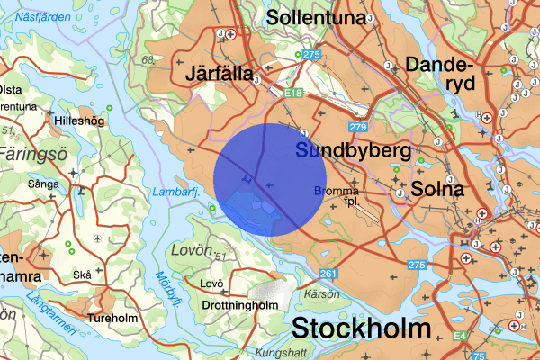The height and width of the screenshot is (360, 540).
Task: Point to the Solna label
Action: tap(437, 189)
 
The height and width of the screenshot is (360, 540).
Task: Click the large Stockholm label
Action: tap(360, 328)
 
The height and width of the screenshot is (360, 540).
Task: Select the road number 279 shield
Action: tap(359, 128)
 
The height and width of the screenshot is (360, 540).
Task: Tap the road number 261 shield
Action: tap(328, 274)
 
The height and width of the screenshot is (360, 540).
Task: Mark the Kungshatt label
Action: tap(282, 352)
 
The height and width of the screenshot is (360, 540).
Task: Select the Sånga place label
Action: tap(42, 184)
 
